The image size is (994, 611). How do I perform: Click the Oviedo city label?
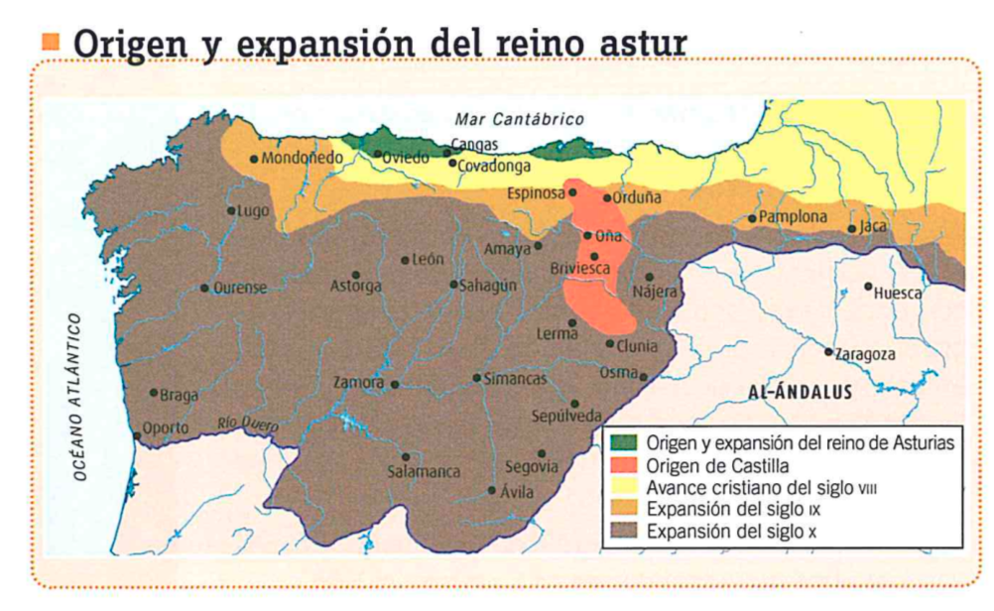[407, 157]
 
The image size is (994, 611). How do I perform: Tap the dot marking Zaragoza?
[829, 351]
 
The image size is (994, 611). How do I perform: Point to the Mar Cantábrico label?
[513, 119]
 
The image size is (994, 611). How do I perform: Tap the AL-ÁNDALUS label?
[800, 391]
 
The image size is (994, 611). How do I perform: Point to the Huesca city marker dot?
[868, 287]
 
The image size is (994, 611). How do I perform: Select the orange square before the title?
[52, 43]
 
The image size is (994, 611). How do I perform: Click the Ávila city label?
[518, 492]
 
